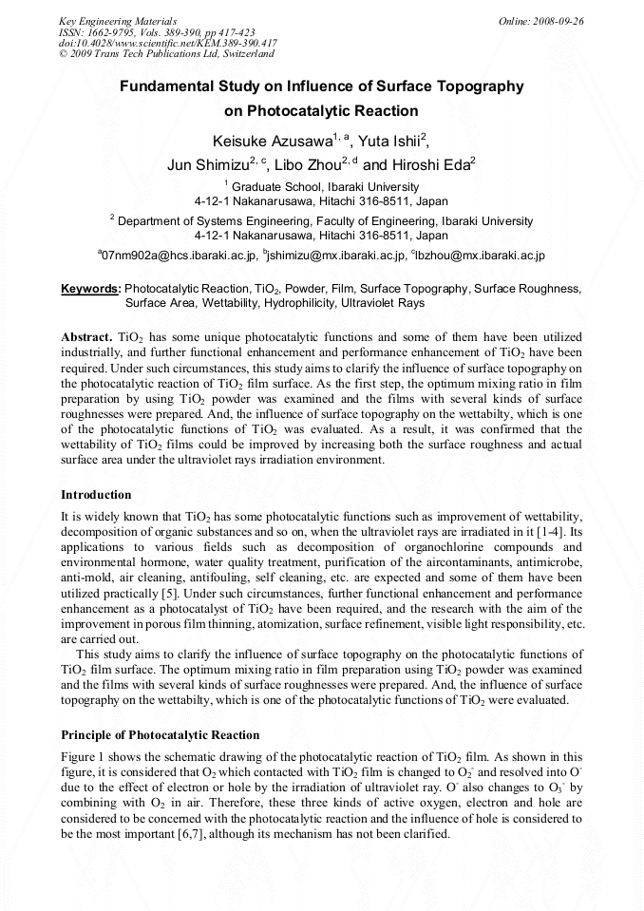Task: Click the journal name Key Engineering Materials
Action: [x=118, y=21]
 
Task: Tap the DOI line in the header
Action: [x=168, y=44]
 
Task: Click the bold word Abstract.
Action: [x=86, y=337]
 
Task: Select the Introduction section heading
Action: [x=96, y=495]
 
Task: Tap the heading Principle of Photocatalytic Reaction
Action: [x=160, y=735]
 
